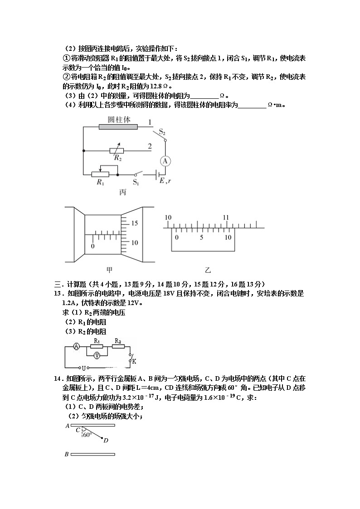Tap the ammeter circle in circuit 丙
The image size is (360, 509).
pyautogui.click(x=166, y=160)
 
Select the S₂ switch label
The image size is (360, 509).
pyautogui.click(x=161, y=131)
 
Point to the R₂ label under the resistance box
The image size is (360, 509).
pyautogui.click(x=118, y=158)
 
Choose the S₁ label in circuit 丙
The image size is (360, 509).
pyautogui.click(x=136, y=182)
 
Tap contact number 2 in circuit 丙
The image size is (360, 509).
pyautogui.click(x=150, y=146)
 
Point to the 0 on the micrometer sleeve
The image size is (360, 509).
pyautogui.click(x=92, y=246)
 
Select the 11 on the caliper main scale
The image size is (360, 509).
pyautogui.click(x=226, y=218)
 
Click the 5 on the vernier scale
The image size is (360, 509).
pyautogui.click(x=202, y=238)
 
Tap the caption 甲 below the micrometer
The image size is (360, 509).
pyautogui.click(x=109, y=270)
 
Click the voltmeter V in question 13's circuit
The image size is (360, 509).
pyautogui.click(x=96, y=356)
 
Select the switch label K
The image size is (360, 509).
pyautogui.click(x=134, y=361)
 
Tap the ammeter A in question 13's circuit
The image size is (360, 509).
pyautogui.click(x=77, y=346)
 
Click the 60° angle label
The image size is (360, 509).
pyautogui.click(x=87, y=434)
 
